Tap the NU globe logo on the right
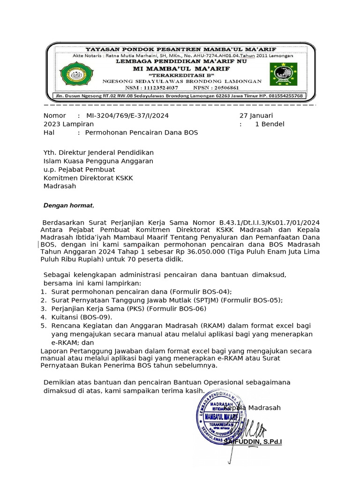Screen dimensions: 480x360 283,75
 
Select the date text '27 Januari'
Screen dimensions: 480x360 256,115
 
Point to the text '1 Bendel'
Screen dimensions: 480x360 270,124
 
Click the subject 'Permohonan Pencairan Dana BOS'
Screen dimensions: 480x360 141,133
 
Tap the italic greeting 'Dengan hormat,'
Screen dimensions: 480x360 69,205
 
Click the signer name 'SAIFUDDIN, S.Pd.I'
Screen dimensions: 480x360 253,442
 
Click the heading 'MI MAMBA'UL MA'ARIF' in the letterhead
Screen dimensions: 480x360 181,68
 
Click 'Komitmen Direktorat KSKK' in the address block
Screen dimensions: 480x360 88,178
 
